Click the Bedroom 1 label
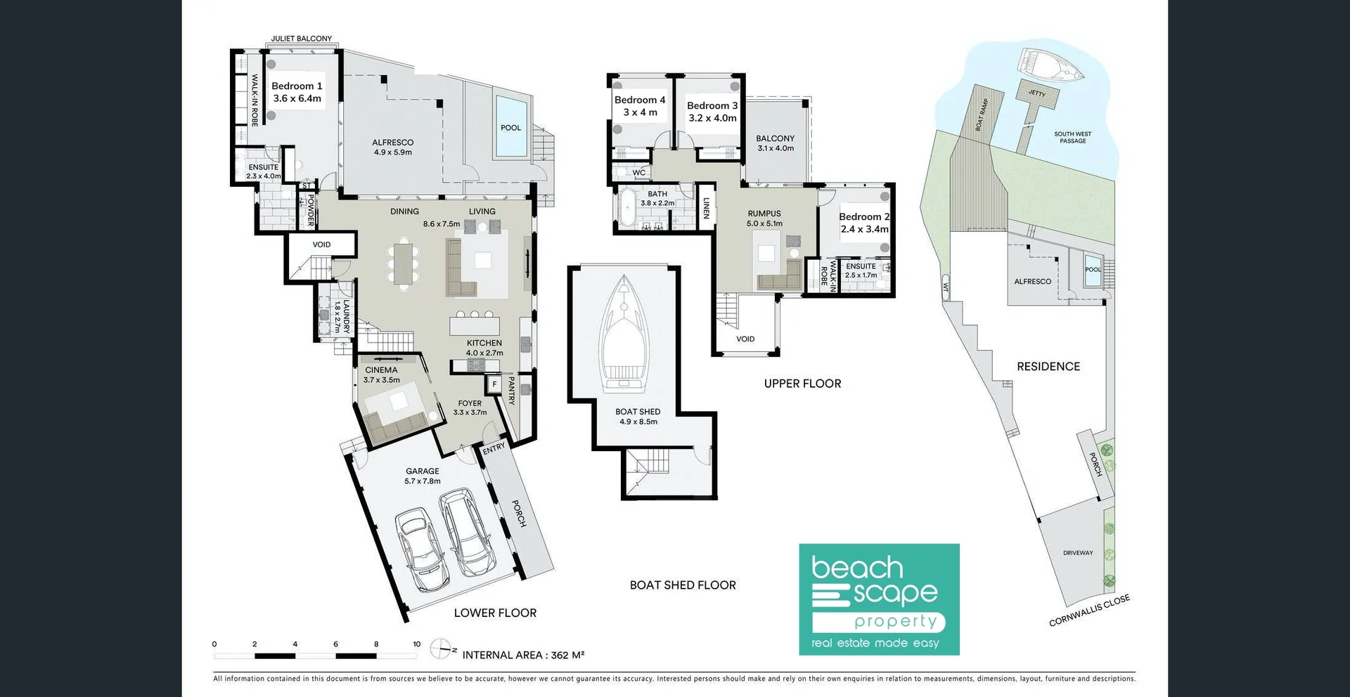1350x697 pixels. coord(297,92)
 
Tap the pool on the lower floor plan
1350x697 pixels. coord(510,126)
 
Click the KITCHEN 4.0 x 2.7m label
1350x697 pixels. coord(484,348)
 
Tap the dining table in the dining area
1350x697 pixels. coord(403,264)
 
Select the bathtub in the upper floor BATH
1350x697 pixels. coord(626,209)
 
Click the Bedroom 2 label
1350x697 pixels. coord(864,223)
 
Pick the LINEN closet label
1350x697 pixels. coord(706,207)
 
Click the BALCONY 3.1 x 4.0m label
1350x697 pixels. coord(775,143)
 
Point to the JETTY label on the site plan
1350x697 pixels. coord(1037,93)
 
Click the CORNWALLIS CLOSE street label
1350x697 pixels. coord(1088,610)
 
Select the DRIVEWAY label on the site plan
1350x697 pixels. coord(1078,553)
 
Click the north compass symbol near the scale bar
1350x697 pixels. coord(442,648)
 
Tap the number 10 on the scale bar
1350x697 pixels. coord(416,644)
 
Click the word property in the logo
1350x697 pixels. coord(895,622)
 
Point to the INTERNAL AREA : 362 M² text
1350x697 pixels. coord(523,655)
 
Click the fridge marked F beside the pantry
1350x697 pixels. coord(494,384)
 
